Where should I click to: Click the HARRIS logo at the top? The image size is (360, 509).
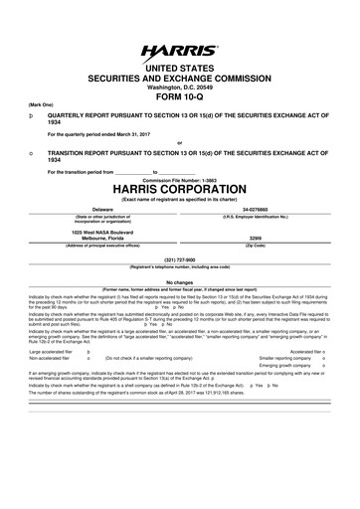179,48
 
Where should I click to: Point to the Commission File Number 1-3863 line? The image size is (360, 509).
179,178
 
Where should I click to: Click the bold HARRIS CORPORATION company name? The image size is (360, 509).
179,188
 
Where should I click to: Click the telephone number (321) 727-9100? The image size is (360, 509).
179,260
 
